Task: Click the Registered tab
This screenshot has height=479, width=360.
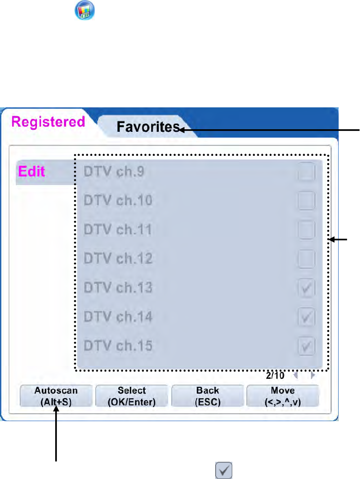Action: (48, 122)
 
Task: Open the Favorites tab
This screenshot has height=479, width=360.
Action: (148, 127)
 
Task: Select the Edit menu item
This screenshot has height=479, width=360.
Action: (32, 171)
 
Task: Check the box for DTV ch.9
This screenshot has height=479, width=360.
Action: (307, 171)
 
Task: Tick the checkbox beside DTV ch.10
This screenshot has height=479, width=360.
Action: (307, 201)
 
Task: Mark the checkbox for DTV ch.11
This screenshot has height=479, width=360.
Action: (307, 229)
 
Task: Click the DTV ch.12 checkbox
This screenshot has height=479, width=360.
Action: (307, 259)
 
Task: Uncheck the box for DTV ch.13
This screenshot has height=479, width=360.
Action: (307, 288)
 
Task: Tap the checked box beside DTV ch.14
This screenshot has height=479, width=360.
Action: (307, 316)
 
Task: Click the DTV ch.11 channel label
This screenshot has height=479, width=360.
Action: (118, 229)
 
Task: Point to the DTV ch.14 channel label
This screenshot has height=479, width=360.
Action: (118, 316)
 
